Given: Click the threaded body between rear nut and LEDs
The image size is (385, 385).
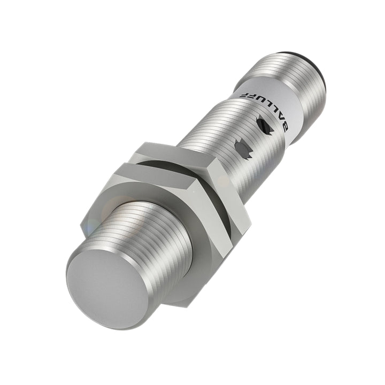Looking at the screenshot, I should (x=214, y=144).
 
